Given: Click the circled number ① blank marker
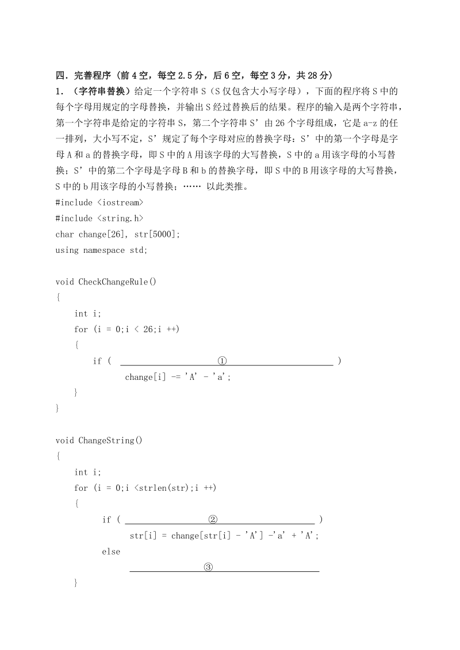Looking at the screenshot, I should click(x=223, y=361).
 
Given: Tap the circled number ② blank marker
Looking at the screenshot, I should click(x=213, y=520).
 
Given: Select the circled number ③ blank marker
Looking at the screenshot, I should click(x=208, y=567).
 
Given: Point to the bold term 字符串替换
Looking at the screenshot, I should click(x=101, y=91).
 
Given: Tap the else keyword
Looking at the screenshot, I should click(x=111, y=552).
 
